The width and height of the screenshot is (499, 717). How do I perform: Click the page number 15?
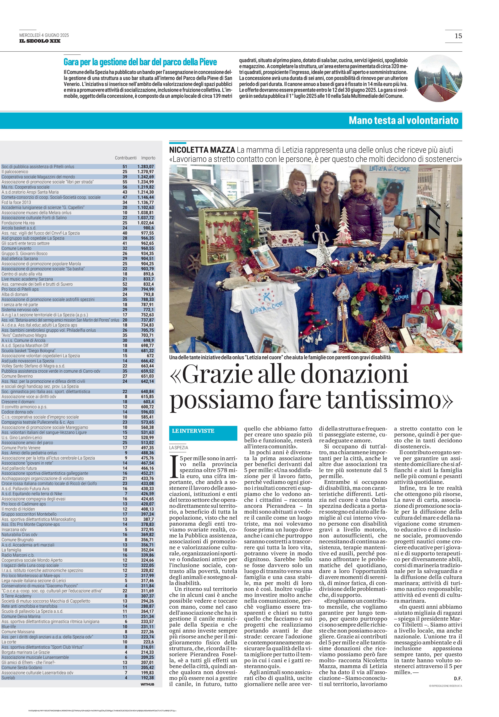[x=458, y=36]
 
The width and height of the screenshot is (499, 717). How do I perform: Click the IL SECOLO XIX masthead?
[x=40, y=41]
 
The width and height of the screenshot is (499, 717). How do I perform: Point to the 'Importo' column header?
[x=148, y=158]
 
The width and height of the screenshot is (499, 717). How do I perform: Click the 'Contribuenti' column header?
[x=125, y=158]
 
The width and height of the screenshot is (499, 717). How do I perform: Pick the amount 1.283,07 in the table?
[x=145, y=167]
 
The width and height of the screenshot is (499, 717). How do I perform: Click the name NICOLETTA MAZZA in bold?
[x=202, y=150]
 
